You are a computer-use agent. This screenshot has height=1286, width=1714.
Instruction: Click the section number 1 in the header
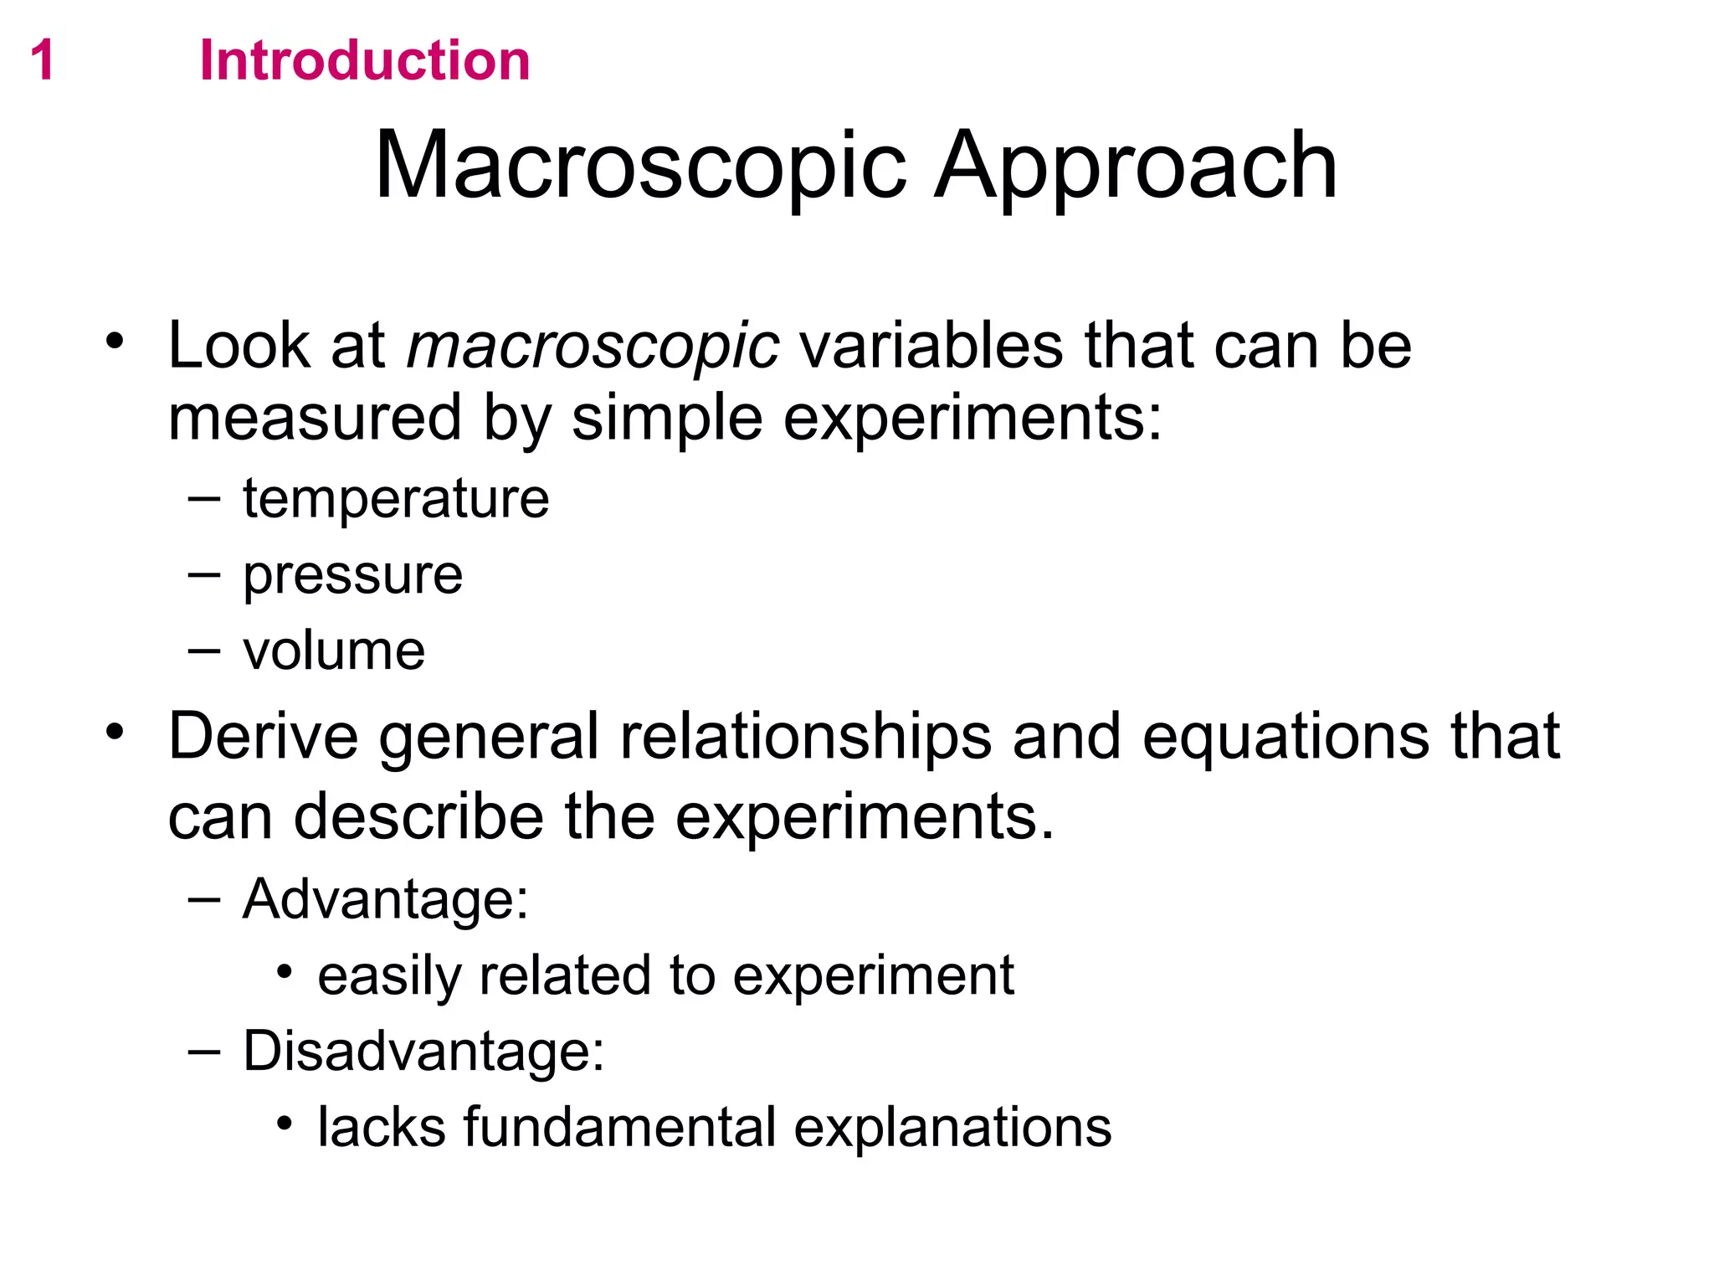(42, 61)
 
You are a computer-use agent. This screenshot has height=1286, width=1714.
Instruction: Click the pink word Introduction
(365, 61)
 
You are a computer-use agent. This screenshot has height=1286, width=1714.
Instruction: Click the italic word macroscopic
(593, 346)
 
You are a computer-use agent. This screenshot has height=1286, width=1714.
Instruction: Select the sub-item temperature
(396, 499)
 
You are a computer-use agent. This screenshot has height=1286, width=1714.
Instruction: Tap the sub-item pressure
(352, 576)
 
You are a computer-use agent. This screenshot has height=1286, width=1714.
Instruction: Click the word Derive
(263, 736)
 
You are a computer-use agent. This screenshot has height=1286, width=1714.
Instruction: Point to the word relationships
(805, 737)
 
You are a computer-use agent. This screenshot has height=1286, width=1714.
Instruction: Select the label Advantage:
(386, 899)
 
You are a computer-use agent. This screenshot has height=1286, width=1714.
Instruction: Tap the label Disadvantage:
(423, 1051)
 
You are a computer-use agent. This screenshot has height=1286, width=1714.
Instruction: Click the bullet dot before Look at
(115, 341)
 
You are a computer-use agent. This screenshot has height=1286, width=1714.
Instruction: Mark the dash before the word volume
(204, 651)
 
